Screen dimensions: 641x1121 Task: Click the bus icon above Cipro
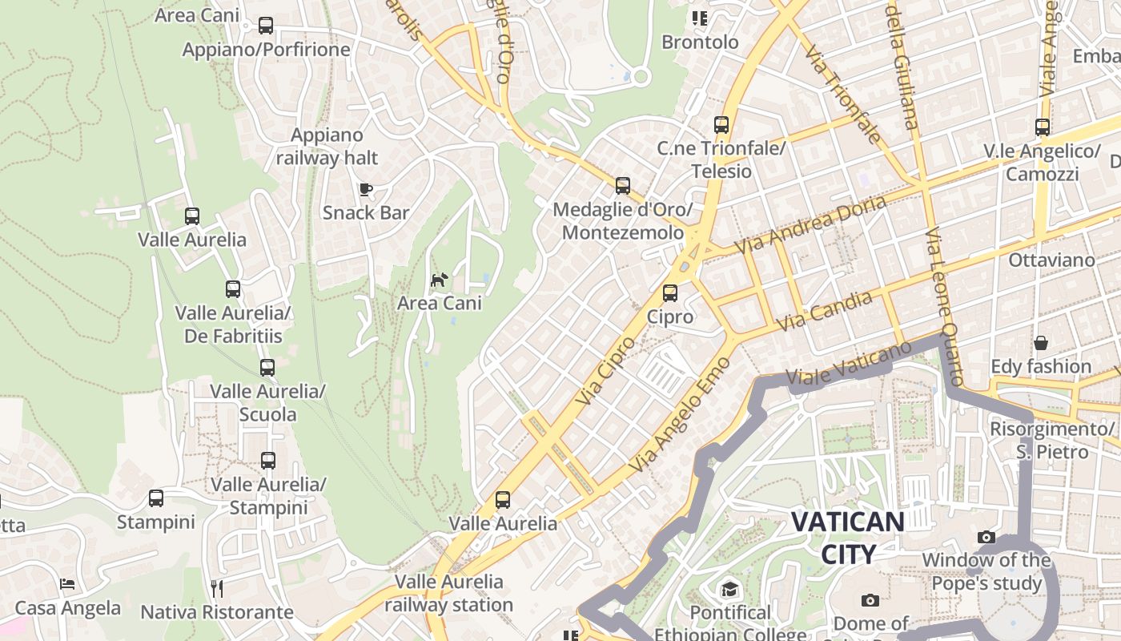(670, 293)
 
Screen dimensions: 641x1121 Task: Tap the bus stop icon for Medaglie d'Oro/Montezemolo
(623, 186)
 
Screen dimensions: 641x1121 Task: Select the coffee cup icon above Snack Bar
(366, 189)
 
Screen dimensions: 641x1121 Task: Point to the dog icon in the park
(439, 280)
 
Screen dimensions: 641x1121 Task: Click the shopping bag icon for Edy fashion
(1041, 343)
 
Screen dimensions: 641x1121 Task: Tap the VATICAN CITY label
(848, 537)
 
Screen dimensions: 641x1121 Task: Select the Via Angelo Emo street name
(680, 414)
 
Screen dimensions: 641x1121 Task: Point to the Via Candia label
(825, 311)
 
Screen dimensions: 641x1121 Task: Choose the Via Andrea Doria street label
(811, 224)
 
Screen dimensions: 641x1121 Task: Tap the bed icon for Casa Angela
(67, 584)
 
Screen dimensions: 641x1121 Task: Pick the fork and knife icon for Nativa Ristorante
(216, 589)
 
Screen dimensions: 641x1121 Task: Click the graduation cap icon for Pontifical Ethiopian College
(729, 590)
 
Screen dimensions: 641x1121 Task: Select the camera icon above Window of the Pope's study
(986, 537)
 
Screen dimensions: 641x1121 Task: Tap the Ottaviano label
(1051, 260)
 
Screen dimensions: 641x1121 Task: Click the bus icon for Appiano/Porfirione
(266, 26)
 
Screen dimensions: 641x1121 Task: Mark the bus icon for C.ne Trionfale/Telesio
(721, 125)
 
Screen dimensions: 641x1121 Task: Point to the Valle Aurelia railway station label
(449, 593)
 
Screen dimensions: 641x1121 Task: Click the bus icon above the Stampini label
(156, 498)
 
